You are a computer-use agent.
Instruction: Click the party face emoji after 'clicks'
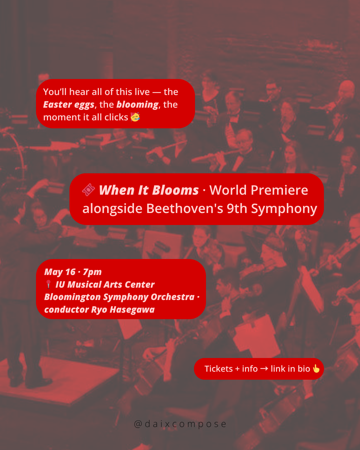pyautogui.click(x=135, y=117)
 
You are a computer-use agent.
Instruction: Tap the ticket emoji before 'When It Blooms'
pyautogui.click(x=88, y=190)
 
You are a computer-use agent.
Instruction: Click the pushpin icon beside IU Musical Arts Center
pyautogui.click(x=48, y=284)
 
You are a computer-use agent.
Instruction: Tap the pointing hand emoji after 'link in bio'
pyautogui.click(x=316, y=368)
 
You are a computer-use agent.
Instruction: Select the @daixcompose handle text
pyautogui.click(x=180, y=424)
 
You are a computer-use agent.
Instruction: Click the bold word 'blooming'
pyautogui.click(x=137, y=105)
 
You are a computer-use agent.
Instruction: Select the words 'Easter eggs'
pyautogui.click(x=69, y=105)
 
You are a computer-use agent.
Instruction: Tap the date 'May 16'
pyautogui.click(x=60, y=272)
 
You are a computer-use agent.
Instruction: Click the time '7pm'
pyautogui.click(x=92, y=272)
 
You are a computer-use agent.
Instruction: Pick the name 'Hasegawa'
pyautogui.click(x=132, y=310)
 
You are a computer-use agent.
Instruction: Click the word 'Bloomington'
pyautogui.click(x=72, y=297)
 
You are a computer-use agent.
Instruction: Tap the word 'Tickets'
pyautogui.click(x=218, y=369)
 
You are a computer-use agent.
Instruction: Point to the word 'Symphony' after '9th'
pyautogui.click(x=284, y=209)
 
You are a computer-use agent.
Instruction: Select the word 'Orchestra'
pyautogui.click(x=173, y=297)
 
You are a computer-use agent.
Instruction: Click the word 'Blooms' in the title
pyautogui.click(x=175, y=190)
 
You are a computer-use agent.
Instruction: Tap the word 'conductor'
pyautogui.click(x=67, y=310)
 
